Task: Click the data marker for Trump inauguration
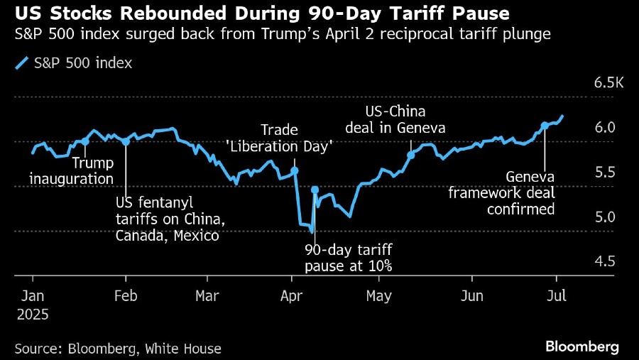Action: (x=85, y=141)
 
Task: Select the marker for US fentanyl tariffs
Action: (x=126, y=141)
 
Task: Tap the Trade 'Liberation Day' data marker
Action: (x=295, y=171)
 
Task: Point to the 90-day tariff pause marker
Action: (x=315, y=190)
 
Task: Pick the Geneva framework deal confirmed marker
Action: (x=545, y=126)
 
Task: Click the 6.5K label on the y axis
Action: (x=608, y=84)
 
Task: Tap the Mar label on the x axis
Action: (x=207, y=295)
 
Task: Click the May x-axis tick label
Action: (x=378, y=295)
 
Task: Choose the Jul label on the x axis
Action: (x=556, y=295)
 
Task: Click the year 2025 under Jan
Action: (x=33, y=312)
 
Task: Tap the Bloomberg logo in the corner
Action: (x=582, y=347)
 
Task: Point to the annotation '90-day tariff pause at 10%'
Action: (x=348, y=258)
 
